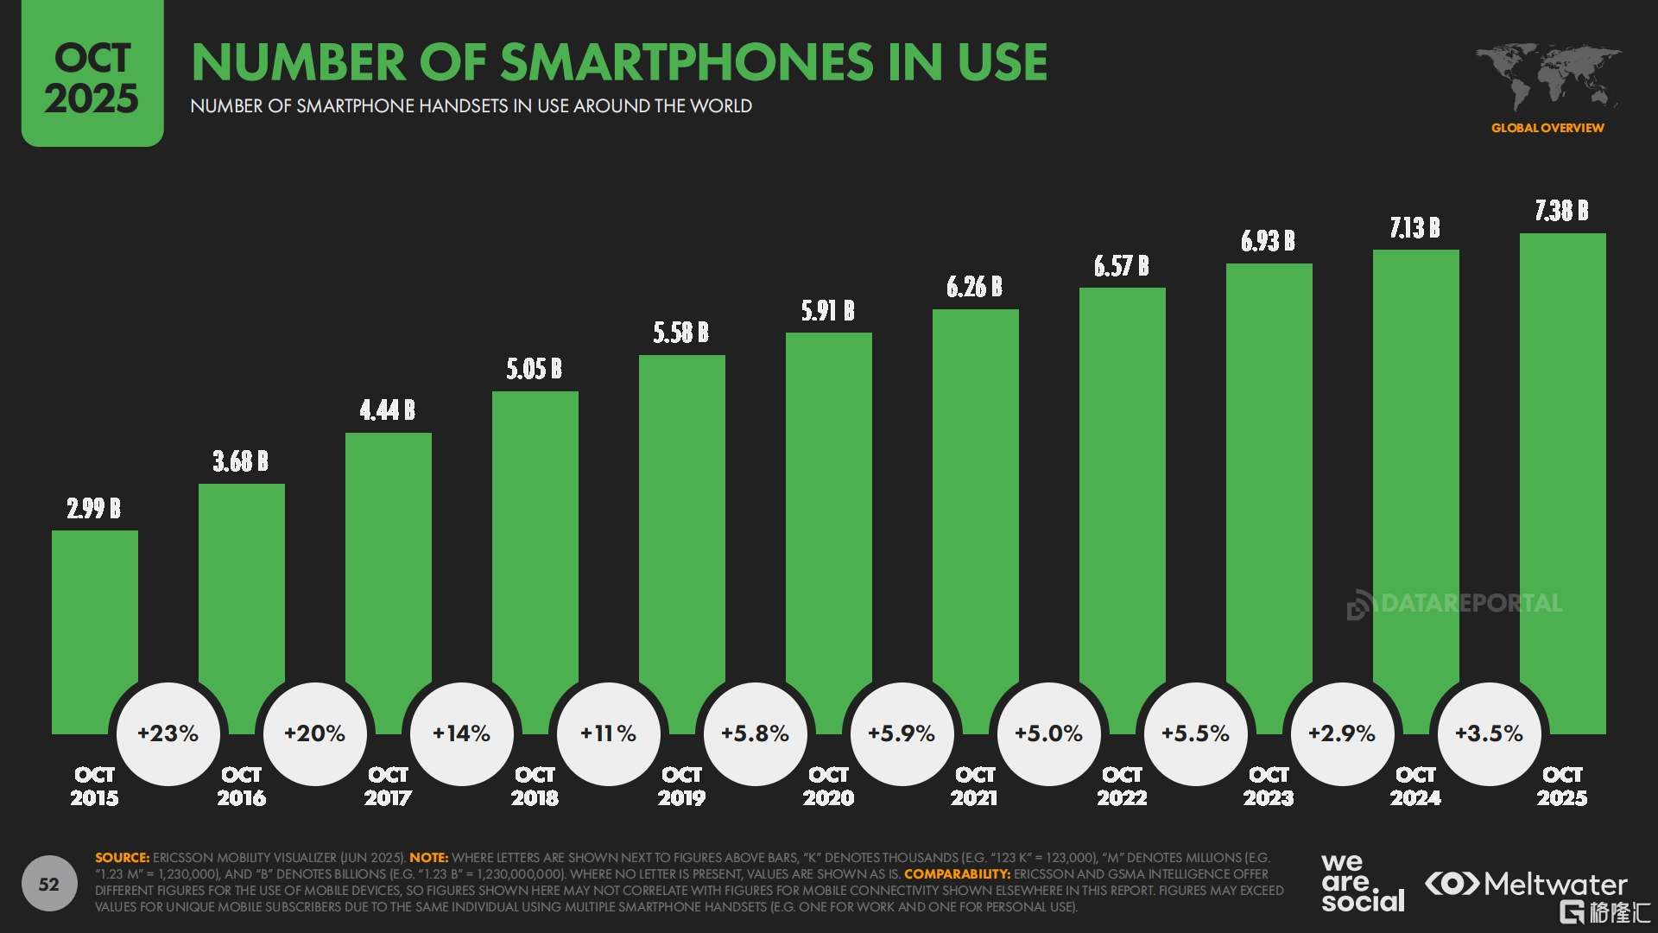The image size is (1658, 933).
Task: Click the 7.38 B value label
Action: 1561,211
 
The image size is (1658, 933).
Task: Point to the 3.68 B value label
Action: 241,461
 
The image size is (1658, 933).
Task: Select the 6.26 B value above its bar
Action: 974,287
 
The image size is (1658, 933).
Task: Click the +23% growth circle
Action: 168,733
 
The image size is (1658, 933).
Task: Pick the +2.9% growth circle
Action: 1343,733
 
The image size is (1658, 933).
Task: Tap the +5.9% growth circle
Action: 902,733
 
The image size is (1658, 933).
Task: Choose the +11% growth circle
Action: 609,733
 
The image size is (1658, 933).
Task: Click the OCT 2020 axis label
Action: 829,786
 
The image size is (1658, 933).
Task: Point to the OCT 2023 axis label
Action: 1269,786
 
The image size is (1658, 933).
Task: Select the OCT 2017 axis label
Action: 388,786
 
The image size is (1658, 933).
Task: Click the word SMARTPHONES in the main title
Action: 687,62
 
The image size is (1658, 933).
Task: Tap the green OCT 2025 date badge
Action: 92,73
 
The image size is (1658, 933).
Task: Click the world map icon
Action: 1547,76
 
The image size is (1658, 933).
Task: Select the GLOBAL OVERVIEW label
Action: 1547,128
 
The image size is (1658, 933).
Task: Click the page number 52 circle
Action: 49,884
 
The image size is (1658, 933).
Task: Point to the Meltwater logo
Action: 1526,884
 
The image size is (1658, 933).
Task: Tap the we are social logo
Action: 1363,882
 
